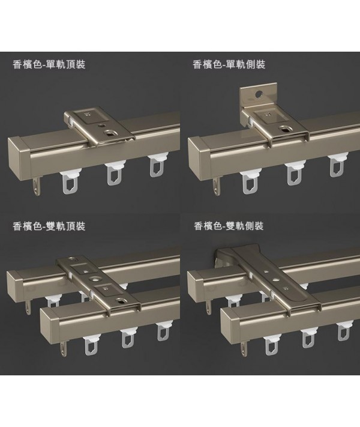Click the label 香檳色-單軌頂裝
click(x=49, y=64)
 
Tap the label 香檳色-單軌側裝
click(x=229, y=64)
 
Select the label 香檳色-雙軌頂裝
click(x=49, y=226)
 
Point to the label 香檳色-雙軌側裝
click(x=229, y=226)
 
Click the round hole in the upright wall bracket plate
click(x=257, y=95)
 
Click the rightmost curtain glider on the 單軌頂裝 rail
click(x=157, y=166)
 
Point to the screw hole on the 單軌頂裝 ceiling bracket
click(x=111, y=133)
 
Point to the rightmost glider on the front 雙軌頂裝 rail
click(x=163, y=332)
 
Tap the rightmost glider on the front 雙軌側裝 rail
click(x=343, y=332)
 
